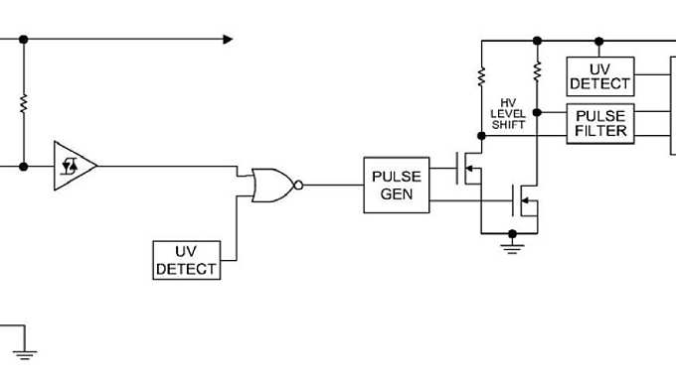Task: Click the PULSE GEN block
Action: (397, 186)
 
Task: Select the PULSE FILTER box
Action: (599, 124)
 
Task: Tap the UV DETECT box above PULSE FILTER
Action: (599, 75)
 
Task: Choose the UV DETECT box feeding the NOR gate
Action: (186, 260)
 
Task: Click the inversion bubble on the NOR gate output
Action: (299, 185)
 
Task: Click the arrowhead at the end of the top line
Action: (228, 40)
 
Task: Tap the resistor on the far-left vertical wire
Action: (23, 102)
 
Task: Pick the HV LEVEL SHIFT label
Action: (508, 114)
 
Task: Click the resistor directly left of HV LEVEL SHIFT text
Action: (481, 75)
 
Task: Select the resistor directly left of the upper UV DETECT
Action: (537, 71)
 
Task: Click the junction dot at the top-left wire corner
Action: (23, 40)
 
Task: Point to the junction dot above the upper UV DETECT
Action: (599, 42)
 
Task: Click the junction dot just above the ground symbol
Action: (513, 234)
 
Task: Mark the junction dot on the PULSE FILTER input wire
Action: (537, 111)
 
